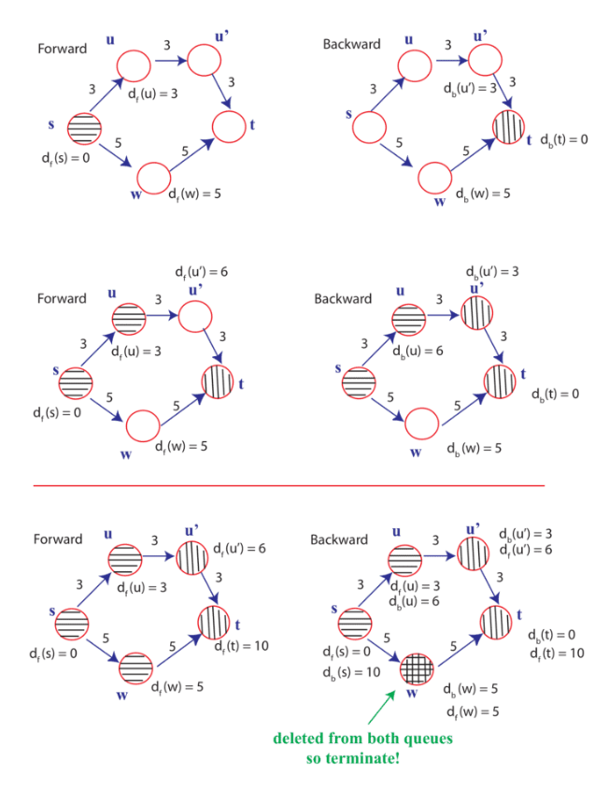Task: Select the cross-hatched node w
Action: [x=415, y=668]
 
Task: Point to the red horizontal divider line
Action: [x=289, y=486]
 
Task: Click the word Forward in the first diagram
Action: [x=62, y=49]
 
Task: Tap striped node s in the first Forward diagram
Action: [x=82, y=127]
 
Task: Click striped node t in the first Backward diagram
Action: [x=510, y=125]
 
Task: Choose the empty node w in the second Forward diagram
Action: [x=144, y=426]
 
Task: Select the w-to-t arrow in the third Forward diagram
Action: [x=178, y=649]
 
